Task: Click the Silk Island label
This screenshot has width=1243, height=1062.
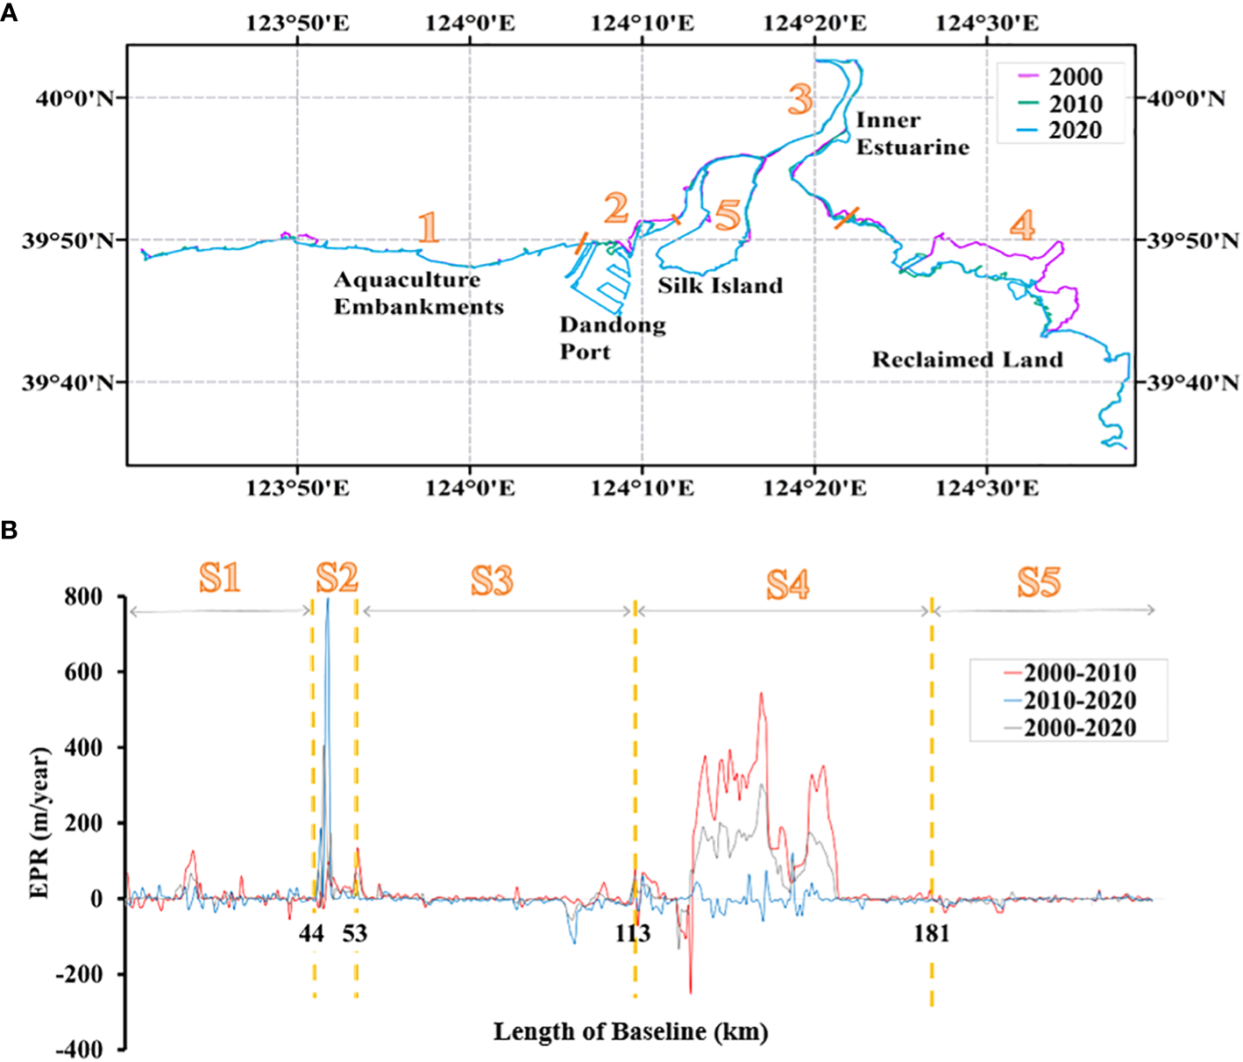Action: [720, 286]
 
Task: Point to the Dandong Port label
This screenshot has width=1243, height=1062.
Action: [612, 339]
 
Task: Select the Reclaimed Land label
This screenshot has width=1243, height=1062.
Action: [967, 360]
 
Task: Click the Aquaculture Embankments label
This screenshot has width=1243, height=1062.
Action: [418, 294]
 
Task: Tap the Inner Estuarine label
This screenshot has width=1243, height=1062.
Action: [912, 133]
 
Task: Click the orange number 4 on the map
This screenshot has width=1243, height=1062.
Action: [1022, 225]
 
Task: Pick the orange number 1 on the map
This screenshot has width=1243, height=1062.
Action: [428, 227]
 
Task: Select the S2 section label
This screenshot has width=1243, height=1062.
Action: [337, 579]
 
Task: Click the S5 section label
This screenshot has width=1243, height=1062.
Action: [1039, 582]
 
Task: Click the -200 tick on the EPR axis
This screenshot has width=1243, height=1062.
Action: [78, 974]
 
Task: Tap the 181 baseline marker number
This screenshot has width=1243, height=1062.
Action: [931, 934]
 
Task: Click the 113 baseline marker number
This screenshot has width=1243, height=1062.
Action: [632, 934]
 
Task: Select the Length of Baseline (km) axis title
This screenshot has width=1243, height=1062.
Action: [630, 1031]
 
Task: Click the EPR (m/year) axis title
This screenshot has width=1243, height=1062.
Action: [39, 823]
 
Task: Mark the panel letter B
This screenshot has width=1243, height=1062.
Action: [9, 531]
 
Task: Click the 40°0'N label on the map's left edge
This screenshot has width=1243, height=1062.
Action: [75, 98]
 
